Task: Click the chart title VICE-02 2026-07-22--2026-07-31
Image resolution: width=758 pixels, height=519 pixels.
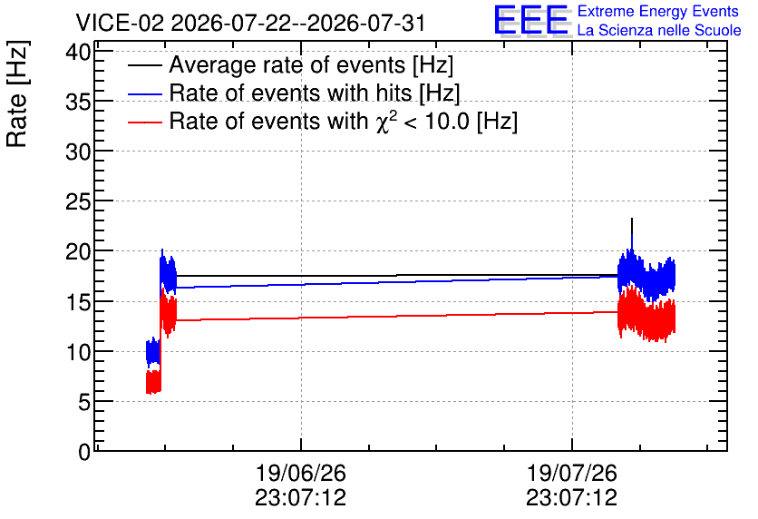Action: coord(250,23)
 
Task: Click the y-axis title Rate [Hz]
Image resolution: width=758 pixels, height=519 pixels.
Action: coord(17,93)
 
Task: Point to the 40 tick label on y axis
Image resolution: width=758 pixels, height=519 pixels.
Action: coord(78,52)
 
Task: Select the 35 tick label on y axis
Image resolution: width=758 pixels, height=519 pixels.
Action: coord(78,102)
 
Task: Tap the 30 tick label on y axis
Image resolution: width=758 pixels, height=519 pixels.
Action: coord(78,152)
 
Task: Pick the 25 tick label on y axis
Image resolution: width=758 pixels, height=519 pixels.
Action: coord(78,202)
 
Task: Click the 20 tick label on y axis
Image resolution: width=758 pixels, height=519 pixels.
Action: coord(78,252)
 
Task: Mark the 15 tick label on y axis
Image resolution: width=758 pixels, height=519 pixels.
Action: coord(78,303)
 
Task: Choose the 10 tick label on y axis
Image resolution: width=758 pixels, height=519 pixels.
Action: coord(78,353)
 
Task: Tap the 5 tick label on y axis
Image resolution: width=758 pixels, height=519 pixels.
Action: coord(84,403)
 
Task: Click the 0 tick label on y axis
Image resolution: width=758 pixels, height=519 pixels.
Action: coord(84,453)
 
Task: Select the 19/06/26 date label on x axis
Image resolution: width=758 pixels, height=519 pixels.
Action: coord(301,473)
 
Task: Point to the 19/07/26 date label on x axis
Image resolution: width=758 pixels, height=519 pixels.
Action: coord(572,473)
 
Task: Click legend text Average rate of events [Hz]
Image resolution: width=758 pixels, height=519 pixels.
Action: coord(311,65)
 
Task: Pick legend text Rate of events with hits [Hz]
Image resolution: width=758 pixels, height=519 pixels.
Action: coord(315,93)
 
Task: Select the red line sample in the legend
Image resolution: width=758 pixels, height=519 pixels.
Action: coord(145,122)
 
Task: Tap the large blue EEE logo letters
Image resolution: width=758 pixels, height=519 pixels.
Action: coord(531,21)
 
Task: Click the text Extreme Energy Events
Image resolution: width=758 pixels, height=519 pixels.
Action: coord(658,11)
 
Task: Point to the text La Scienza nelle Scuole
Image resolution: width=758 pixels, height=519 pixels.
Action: coord(659,31)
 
